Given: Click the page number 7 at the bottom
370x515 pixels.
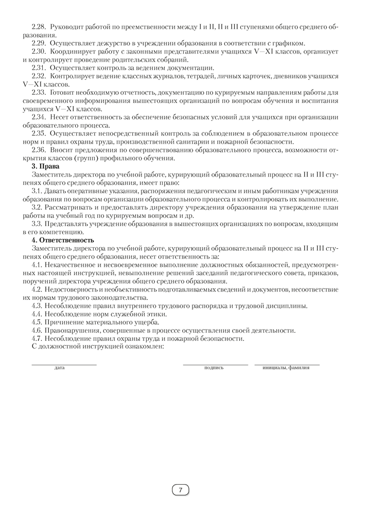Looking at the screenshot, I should [x=181, y=490].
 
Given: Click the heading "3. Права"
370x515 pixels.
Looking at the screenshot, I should [x=46, y=166].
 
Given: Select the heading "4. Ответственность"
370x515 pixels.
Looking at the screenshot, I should [x=63, y=240].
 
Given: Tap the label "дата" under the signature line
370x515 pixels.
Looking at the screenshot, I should [x=60, y=368].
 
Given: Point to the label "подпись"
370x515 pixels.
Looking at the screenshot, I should [x=214, y=368].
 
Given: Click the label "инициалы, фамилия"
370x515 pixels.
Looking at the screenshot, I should [x=286, y=368].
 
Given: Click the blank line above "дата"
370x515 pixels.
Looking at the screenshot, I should [x=64, y=365].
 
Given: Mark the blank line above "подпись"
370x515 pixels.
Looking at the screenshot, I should [x=215, y=365].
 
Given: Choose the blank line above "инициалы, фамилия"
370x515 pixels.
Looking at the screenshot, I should [x=287, y=365].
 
